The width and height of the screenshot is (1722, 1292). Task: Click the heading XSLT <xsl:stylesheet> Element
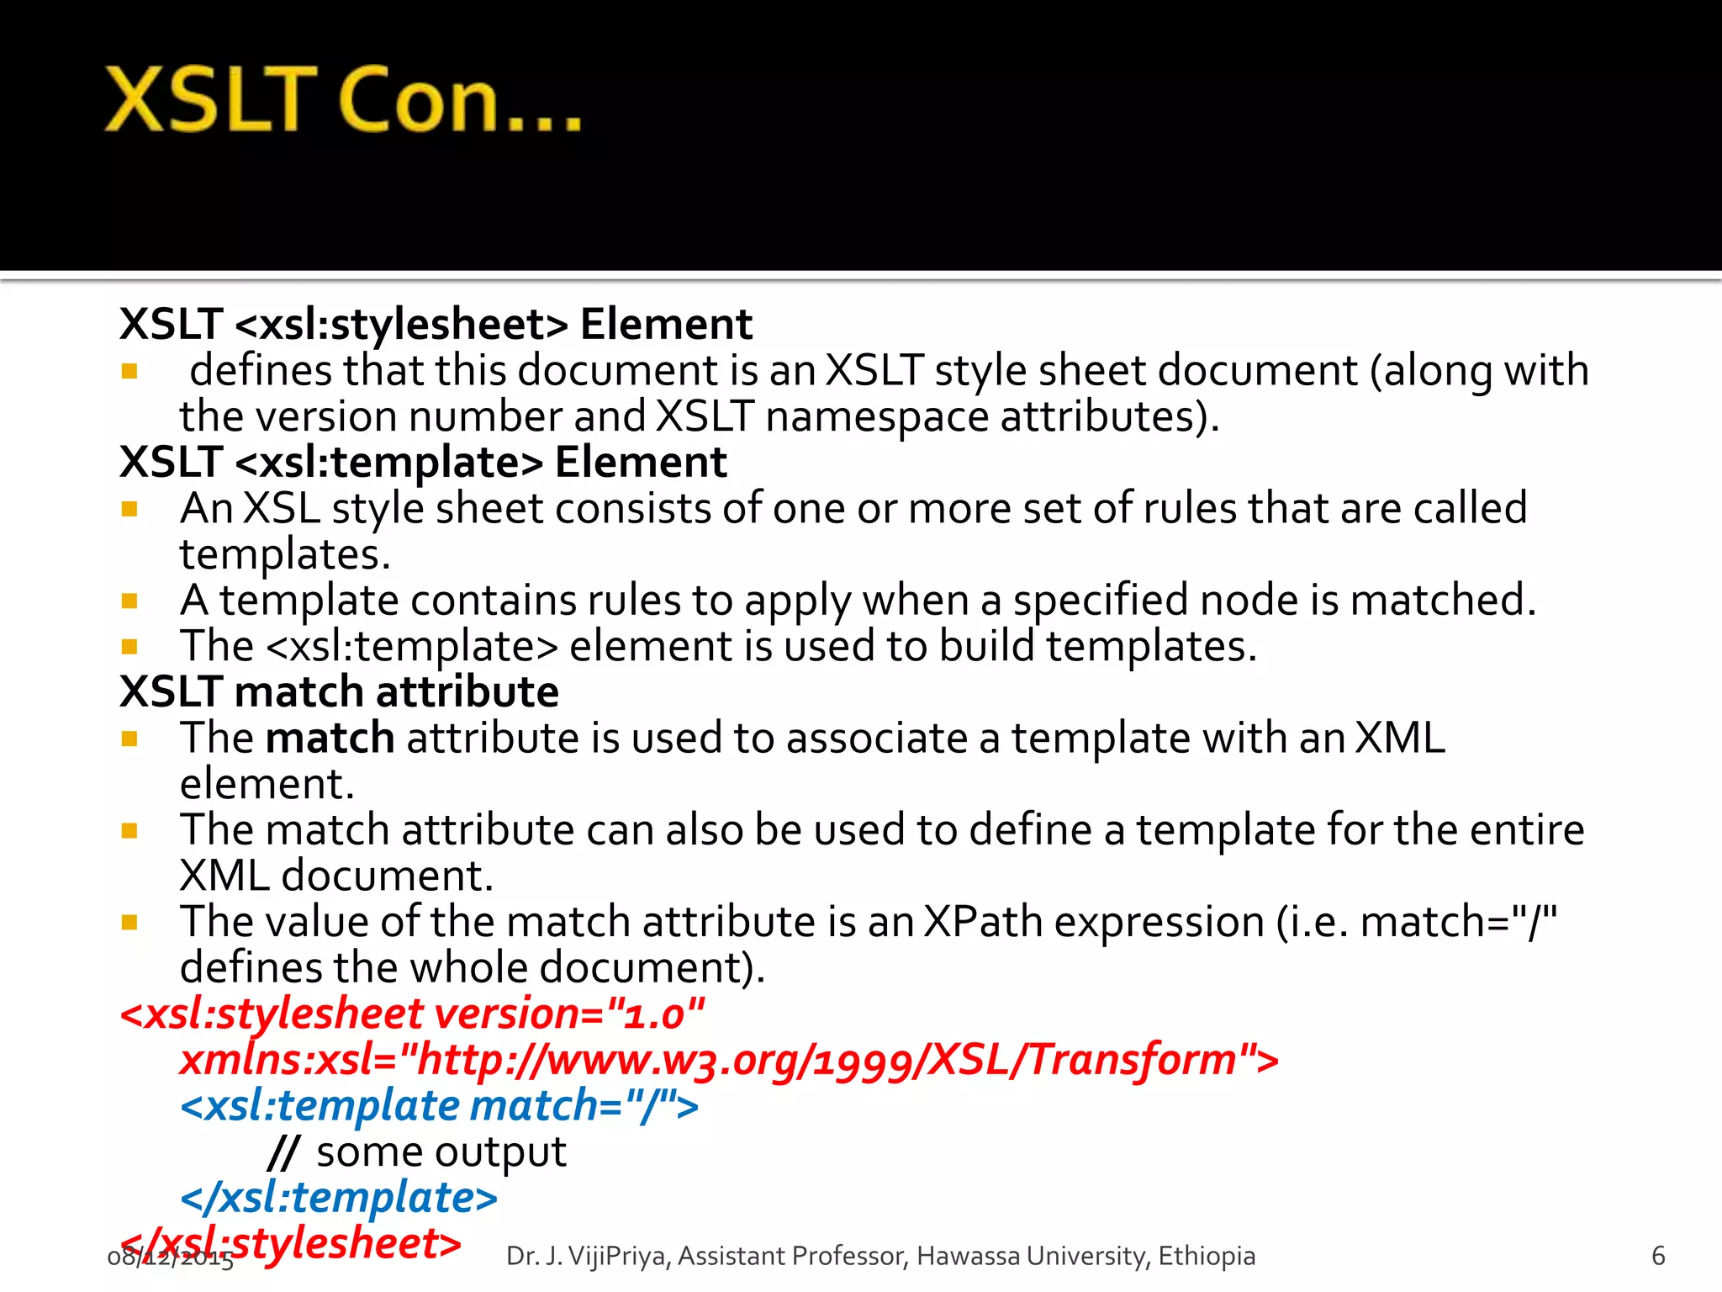[436, 324]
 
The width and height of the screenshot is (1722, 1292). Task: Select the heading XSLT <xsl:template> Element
[423, 462]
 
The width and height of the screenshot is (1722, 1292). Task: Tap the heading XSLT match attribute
[339, 692]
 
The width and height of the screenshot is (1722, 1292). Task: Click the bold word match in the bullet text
[330, 739]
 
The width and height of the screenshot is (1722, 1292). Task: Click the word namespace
[878, 416]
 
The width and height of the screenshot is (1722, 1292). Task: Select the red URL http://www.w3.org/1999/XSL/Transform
[828, 1059]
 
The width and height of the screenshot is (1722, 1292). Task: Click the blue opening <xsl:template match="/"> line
[439, 1105]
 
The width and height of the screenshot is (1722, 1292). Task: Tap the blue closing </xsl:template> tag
[339, 1197]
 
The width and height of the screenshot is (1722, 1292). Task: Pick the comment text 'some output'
[441, 1152]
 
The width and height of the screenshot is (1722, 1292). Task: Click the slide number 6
[1657, 1256]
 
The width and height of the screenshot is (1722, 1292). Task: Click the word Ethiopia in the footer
[1206, 1256]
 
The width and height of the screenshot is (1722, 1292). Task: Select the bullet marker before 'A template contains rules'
[129, 601]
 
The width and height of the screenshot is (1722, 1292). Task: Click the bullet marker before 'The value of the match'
[129, 923]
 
